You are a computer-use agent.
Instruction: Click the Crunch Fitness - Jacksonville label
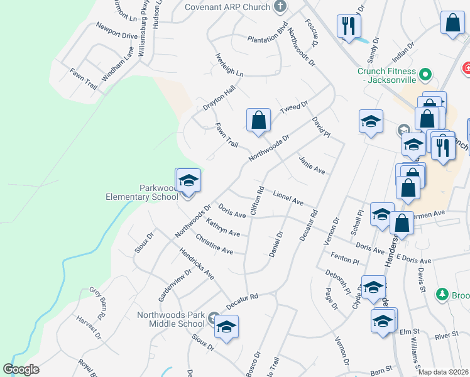[387, 76]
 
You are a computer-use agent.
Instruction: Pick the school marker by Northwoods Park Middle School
[226, 328]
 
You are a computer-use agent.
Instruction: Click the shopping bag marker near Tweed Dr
[258, 119]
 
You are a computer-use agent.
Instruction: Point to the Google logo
[21, 369]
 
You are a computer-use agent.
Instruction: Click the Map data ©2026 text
[443, 372]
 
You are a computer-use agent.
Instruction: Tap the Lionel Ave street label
[288, 199]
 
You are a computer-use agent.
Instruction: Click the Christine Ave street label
[214, 244]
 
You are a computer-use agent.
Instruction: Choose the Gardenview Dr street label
[175, 283]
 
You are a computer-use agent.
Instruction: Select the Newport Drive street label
[116, 31]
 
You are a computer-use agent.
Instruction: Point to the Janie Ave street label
[311, 165]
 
